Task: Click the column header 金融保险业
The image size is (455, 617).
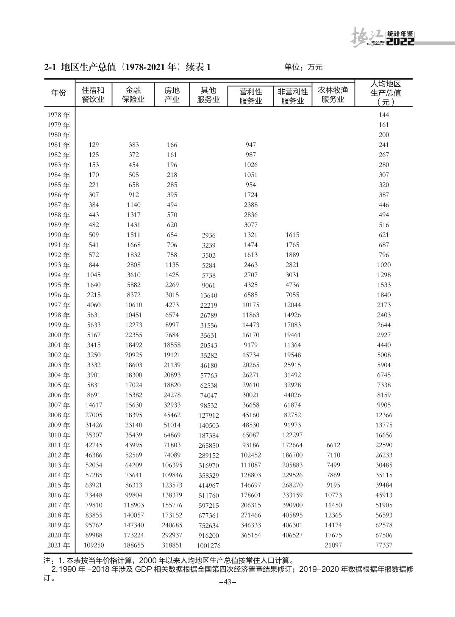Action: [x=133, y=95]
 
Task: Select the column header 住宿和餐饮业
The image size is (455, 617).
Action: [x=93, y=95]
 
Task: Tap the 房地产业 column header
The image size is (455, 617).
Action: [x=172, y=95]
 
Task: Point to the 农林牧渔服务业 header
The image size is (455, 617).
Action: [x=333, y=95]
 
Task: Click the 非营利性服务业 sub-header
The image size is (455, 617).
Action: [x=292, y=96]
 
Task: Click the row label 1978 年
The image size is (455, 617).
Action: [x=59, y=115]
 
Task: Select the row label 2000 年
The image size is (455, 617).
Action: [x=59, y=335]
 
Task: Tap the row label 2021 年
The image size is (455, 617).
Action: [x=59, y=545]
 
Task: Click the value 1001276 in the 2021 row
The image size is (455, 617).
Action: [x=208, y=546]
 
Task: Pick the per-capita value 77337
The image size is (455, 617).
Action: [x=384, y=545]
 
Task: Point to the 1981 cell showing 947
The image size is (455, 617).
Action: [x=251, y=145]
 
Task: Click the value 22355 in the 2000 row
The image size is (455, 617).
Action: [x=133, y=335]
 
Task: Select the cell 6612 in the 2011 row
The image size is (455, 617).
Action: [x=333, y=445]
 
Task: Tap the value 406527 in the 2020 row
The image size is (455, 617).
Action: [x=292, y=535]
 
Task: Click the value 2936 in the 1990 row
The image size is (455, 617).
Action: [x=208, y=235]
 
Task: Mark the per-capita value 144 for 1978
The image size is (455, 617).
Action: [x=384, y=115]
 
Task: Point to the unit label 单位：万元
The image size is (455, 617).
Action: [x=303, y=67]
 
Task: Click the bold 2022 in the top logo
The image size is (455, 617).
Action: [x=400, y=41]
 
